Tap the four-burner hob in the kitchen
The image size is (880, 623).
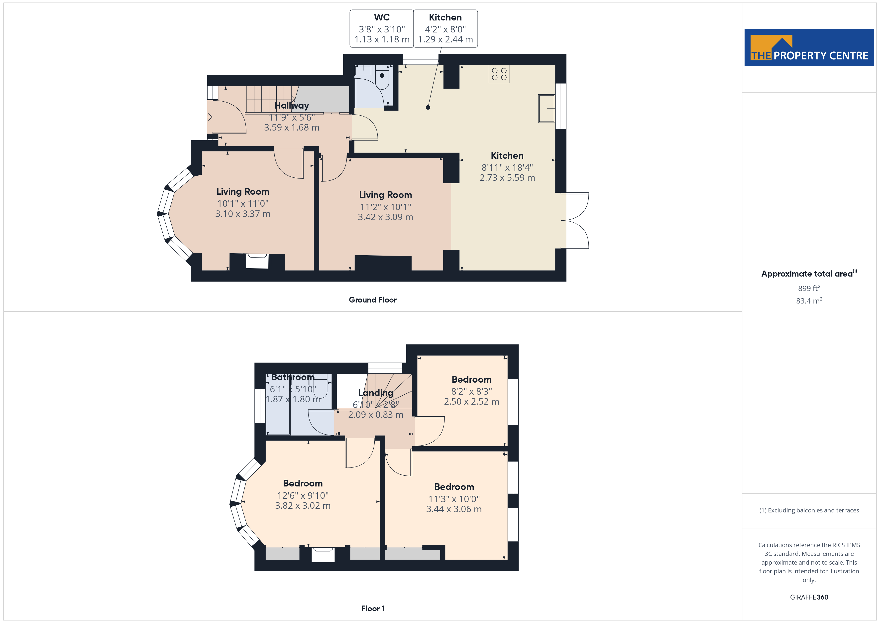(499, 74)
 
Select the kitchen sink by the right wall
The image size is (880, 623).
(547, 109)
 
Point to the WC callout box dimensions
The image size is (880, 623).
(382, 34)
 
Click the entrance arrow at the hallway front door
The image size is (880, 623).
(209, 117)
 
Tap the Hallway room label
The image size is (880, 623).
(292, 106)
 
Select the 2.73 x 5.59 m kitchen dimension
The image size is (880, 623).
(507, 178)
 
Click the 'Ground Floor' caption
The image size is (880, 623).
(373, 300)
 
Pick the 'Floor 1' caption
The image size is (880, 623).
(373, 609)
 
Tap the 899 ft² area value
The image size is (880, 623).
(809, 288)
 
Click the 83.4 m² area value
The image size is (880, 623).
(809, 301)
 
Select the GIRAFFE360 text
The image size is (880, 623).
(809, 597)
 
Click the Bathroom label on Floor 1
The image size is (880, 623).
(293, 377)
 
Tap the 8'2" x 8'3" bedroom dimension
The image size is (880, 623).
(471, 391)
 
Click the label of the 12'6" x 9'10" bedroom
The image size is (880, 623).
(303, 483)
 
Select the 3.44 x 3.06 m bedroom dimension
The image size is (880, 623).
(454, 509)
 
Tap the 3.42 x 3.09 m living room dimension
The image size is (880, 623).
(385, 217)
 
